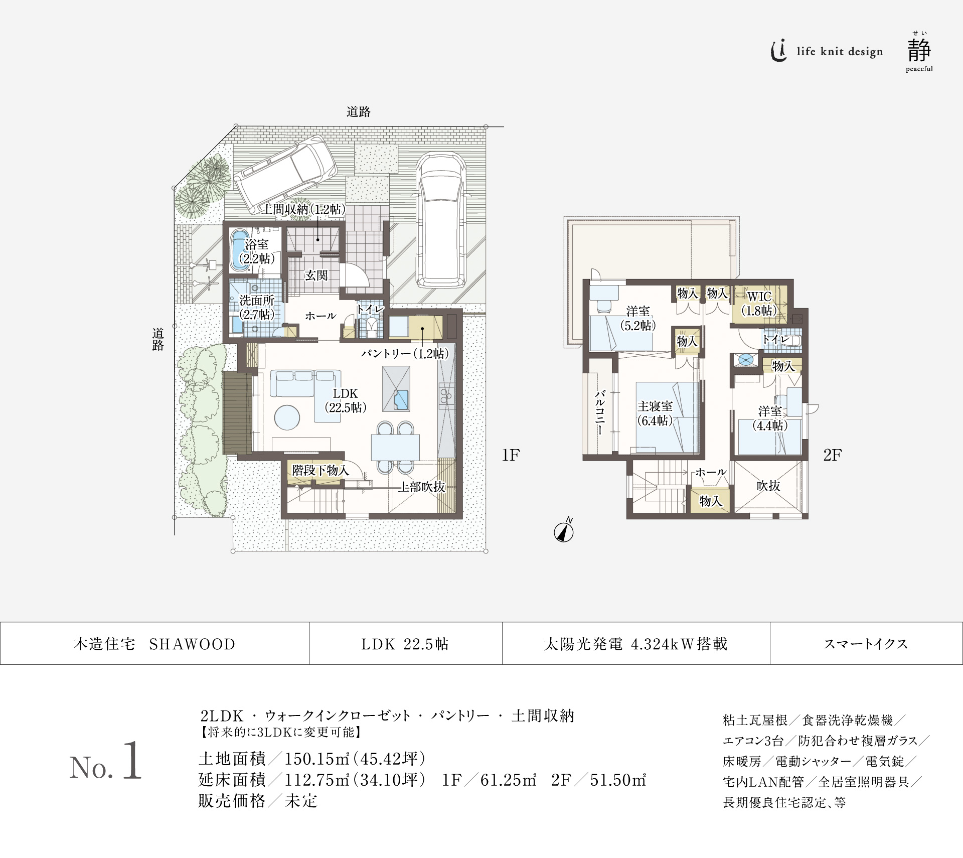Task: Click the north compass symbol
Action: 564,532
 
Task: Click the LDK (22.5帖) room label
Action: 345,400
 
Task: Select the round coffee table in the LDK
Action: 287,417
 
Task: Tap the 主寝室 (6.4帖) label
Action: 655,413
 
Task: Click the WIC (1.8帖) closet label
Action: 759,304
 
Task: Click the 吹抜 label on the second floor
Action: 768,486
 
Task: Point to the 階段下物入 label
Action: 320,470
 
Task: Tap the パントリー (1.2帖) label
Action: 404,354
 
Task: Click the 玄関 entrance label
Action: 316,275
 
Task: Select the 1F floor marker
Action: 511,455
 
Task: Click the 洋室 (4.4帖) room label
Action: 770,418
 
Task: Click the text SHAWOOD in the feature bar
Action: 192,644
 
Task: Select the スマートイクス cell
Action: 866,644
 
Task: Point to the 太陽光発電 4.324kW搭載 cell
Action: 635,644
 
